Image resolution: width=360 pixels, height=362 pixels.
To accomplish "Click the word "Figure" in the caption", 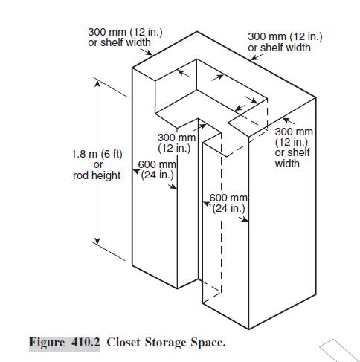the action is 47,343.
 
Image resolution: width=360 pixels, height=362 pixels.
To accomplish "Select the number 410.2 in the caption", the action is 86,343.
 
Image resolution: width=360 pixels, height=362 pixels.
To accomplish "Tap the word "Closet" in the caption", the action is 123,343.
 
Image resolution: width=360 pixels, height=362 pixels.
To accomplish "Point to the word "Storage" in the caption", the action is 165,343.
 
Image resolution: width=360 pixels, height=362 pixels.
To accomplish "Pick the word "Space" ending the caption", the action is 208,343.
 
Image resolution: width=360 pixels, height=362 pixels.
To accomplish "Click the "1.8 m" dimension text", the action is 84,154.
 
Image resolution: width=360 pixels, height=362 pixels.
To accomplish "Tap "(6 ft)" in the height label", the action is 112,155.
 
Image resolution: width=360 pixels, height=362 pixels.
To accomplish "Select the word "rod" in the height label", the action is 80,175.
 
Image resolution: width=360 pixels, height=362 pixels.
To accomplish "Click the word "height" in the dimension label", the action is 106,176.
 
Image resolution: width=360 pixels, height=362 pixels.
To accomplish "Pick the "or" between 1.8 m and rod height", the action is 98,165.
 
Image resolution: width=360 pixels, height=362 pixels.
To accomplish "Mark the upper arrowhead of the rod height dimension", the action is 97,84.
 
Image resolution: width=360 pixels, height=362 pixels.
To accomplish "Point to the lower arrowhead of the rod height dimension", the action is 97,240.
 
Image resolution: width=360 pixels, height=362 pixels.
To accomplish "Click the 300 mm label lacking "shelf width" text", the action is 176,143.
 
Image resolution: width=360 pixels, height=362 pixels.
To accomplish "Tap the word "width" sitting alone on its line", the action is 287,164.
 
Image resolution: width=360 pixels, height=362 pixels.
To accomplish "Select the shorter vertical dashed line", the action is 267,114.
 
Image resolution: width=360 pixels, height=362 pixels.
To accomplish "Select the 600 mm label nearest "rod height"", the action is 157,169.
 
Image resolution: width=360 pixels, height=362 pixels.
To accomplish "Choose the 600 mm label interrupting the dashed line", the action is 228,203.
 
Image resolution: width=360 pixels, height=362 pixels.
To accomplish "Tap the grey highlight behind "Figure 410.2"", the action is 65,344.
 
